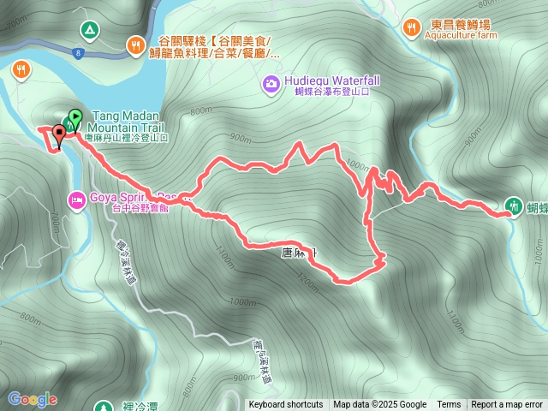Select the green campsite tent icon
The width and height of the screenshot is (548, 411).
point(87,31)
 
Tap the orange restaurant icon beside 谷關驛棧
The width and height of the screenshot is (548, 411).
point(135,45)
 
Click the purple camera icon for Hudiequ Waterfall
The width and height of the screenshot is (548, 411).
point(271,83)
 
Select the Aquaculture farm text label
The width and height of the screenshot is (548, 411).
point(464,37)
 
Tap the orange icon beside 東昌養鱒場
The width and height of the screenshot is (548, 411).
point(412,27)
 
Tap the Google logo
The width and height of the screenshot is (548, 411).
point(33,398)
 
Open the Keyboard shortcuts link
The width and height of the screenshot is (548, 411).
point(286,404)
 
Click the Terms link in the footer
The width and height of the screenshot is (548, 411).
point(449,404)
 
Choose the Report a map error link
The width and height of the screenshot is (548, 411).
point(508,404)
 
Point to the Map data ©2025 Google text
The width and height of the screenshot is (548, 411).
point(379,404)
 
